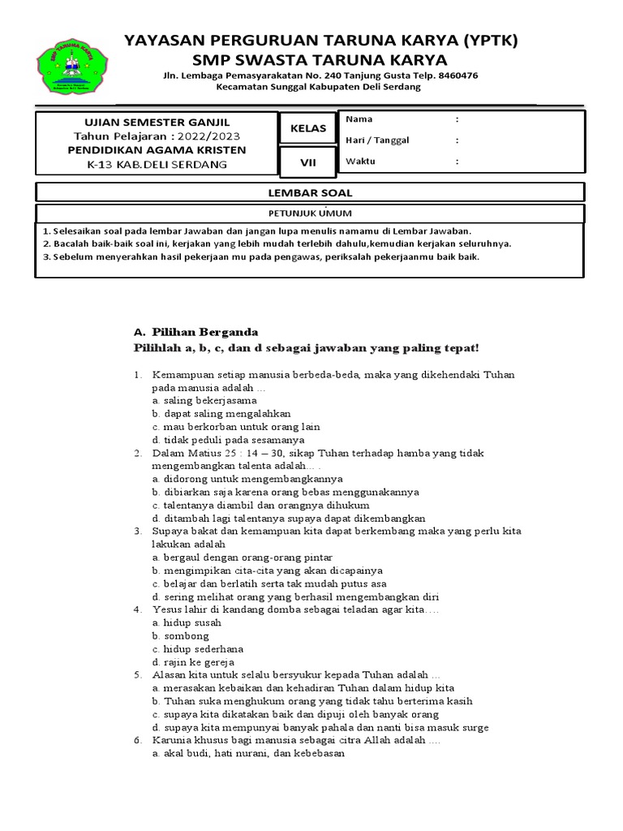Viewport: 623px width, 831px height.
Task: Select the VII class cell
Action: [307, 162]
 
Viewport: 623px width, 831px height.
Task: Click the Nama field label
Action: [359, 119]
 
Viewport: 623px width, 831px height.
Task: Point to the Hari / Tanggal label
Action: [377, 140]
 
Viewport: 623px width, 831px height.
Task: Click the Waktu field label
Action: [361, 161]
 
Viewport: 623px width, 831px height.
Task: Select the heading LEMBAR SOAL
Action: [309, 192]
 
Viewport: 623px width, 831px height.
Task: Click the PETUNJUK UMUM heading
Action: [309, 213]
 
